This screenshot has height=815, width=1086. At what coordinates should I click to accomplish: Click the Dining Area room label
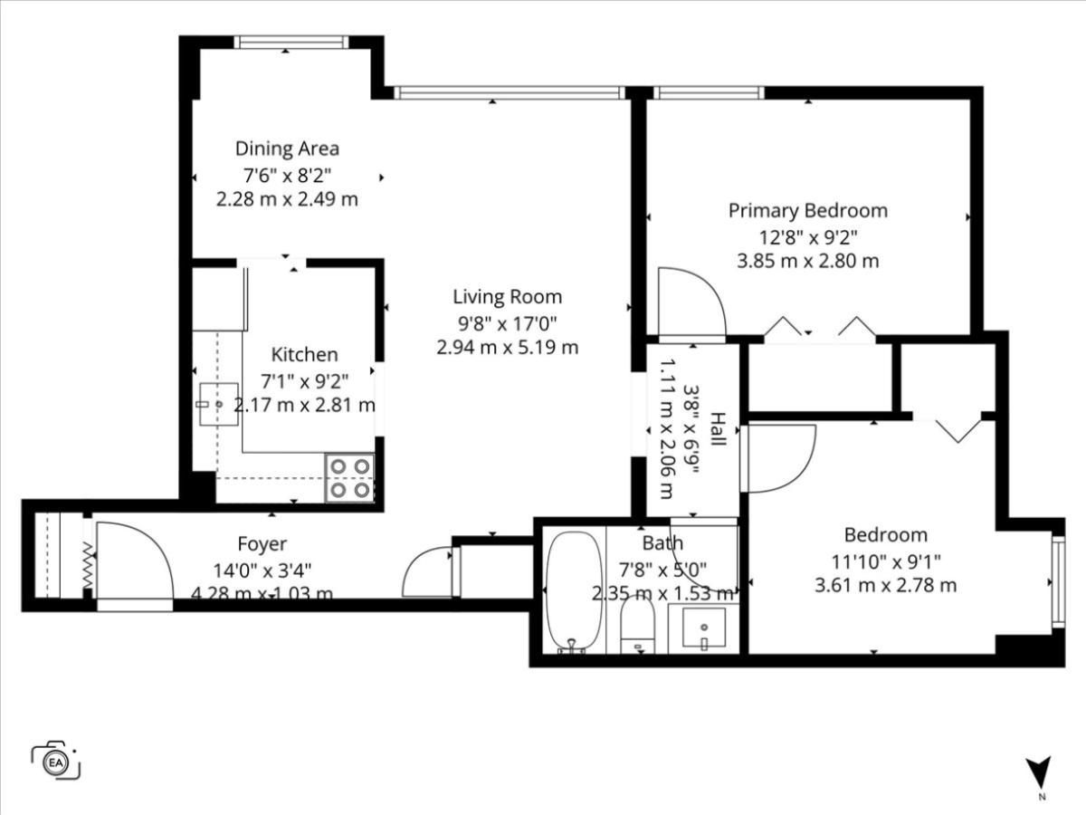coord(287,149)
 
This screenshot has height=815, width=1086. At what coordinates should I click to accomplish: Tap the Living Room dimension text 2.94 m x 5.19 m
coord(507,348)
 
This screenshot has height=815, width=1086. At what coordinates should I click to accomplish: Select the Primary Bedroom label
coord(808,211)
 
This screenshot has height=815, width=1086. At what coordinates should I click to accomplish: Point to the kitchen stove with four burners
coord(350,478)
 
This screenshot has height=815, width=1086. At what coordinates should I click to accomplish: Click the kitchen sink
coord(219,404)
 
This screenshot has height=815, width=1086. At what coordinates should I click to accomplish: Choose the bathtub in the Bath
coord(574,592)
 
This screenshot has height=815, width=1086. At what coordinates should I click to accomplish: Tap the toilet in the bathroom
coord(638,625)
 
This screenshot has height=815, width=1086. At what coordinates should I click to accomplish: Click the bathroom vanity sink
coord(703,628)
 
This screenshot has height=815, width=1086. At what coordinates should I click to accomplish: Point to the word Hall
coord(718,428)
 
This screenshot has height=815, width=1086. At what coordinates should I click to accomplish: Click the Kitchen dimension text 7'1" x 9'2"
coord(305,381)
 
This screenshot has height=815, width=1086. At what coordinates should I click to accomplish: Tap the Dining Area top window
coord(291,42)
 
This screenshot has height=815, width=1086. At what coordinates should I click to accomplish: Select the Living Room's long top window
coord(510,92)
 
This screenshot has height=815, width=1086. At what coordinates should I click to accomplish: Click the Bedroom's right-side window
coord(1058,581)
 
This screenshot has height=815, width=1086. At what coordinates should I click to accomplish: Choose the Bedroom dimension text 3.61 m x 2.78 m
coord(886,585)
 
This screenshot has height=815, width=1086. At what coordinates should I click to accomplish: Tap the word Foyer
coord(262,544)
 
